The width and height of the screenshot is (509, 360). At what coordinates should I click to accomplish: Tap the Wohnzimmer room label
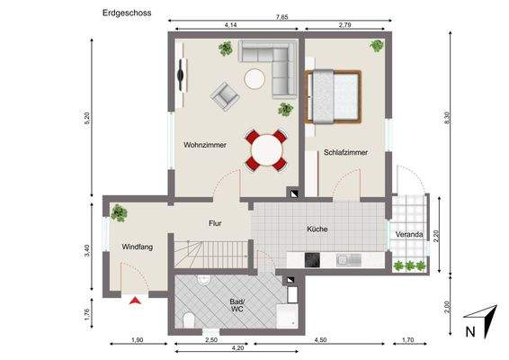click(204, 144)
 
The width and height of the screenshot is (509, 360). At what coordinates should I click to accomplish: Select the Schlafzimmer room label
click(344, 152)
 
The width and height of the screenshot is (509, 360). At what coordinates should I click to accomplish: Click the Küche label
click(317, 229)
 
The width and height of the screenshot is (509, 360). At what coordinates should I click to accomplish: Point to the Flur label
click(215, 222)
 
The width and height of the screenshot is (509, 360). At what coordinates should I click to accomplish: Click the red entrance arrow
click(135, 301)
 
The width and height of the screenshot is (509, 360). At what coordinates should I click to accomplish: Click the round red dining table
click(265, 149)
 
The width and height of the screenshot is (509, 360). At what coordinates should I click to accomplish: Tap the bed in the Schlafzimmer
click(335, 95)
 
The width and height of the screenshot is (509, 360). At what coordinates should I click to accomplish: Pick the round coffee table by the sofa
click(255, 79)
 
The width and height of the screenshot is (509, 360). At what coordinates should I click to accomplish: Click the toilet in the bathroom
click(187, 320)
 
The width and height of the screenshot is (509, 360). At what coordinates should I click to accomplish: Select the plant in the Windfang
click(119, 212)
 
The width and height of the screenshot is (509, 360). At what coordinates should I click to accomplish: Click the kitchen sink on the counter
click(346, 260)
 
